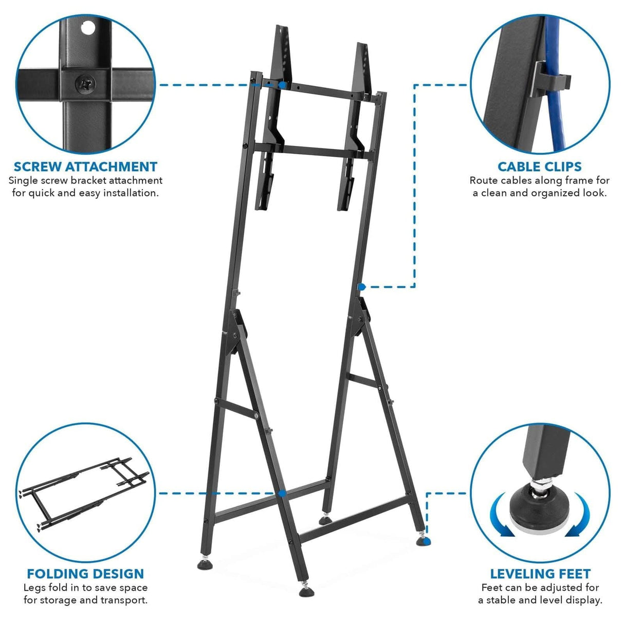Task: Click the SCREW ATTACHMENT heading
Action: click(85, 167)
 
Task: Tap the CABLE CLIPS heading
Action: click(539, 167)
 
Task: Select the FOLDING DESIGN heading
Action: click(85, 574)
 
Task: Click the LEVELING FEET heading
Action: click(540, 574)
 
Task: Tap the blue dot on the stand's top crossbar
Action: click(282, 84)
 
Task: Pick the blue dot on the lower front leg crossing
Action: click(282, 493)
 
